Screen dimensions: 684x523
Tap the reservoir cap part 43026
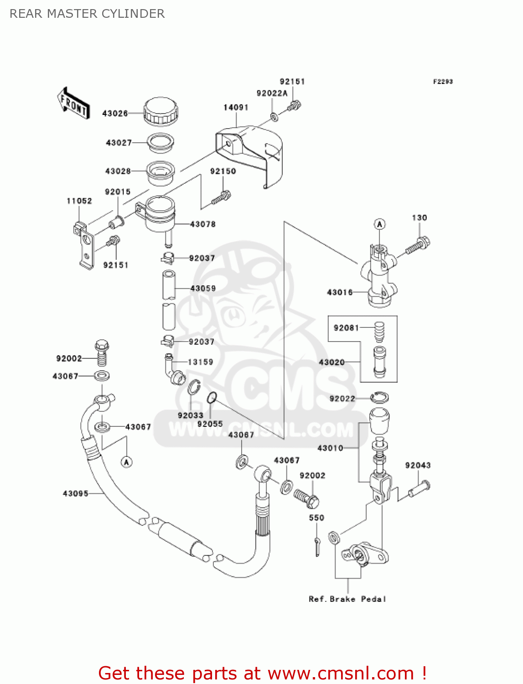point(160,111)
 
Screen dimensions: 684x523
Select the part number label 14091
point(236,108)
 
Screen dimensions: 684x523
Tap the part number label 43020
point(331,362)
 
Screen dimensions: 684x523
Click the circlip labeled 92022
point(379,398)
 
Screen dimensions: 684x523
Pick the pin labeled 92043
point(419,488)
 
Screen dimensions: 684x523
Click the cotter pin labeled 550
point(317,547)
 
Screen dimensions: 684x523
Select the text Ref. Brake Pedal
point(347,599)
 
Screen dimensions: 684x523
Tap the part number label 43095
point(75,493)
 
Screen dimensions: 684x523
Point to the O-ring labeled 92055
point(211,398)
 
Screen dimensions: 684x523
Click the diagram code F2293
point(443,82)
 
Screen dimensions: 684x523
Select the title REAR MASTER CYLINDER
point(87,14)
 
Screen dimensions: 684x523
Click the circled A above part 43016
point(379,224)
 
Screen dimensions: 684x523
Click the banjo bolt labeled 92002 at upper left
point(102,352)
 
